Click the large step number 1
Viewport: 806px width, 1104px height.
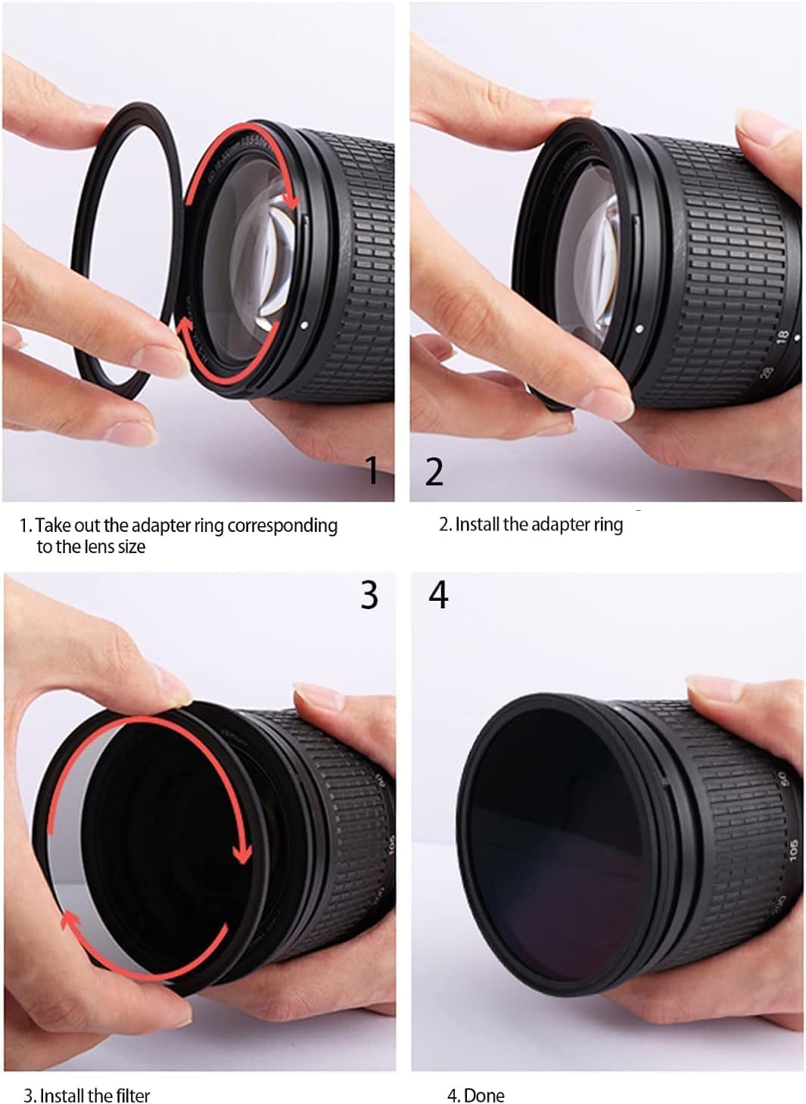point(372,470)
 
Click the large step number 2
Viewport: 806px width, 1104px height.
point(434,471)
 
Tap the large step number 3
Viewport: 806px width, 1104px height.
point(369,594)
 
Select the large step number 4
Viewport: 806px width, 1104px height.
point(438,594)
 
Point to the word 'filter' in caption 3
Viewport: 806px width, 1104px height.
point(133,1095)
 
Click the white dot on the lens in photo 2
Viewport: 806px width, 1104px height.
point(640,329)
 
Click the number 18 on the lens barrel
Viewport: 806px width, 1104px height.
point(782,335)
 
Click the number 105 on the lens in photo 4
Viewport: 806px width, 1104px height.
point(792,848)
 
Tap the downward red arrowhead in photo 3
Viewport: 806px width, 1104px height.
point(241,855)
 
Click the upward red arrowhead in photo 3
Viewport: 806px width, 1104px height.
point(69,919)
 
